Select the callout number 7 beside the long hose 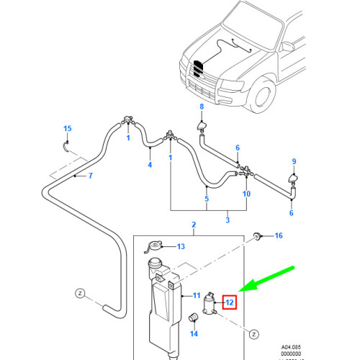tap(91, 176)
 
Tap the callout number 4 tap(150, 165)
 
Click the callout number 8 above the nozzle tap(202, 107)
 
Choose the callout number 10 tap(246, 194)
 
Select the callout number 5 tap(207, 199)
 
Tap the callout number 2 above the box tap(193, 225)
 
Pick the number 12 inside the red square tap(230, 302)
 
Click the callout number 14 tap(193, 333)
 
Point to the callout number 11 tap(195, 295)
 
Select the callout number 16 tap(279, 235)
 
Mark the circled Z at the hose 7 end tap(81, 293)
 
